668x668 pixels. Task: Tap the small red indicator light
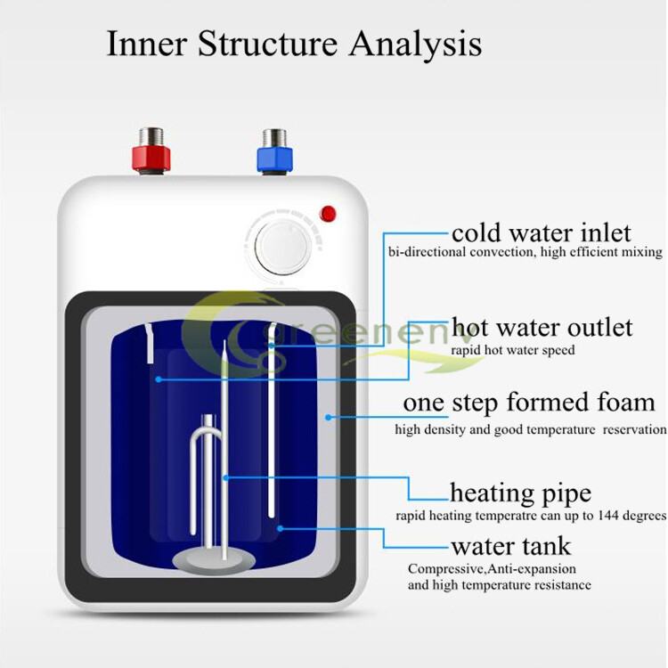[328, 213]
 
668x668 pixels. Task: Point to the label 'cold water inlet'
[541, 233]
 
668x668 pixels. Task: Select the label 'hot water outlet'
[542, 327]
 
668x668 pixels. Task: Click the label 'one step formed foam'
[529, 403]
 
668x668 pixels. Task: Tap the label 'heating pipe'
[520, 493]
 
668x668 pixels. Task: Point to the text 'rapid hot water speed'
[512, 350]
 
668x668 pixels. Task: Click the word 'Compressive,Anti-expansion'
[492, 569]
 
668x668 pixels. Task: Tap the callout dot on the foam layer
[329, 415]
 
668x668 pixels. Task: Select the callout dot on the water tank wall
[281, 528]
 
